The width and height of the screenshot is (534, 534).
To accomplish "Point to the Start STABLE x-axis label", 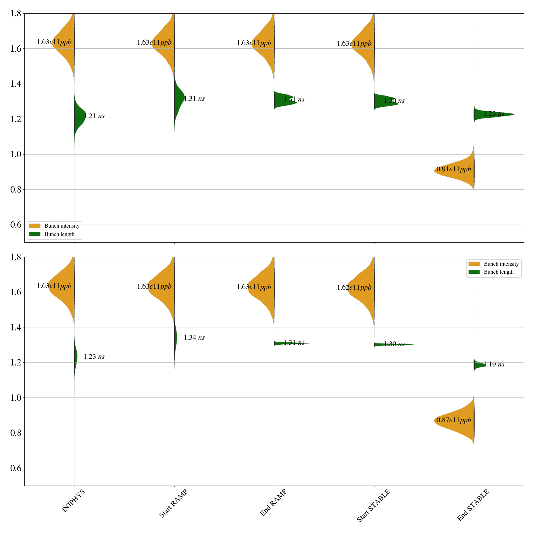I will coord(373,506).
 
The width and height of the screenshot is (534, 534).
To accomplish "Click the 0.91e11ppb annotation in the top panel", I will coord(454,169).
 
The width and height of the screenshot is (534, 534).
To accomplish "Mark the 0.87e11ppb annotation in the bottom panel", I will coord(454,420).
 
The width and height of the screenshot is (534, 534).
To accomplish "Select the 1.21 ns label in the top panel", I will coord(94,116).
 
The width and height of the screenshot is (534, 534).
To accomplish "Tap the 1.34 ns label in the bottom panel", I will coord(194,338).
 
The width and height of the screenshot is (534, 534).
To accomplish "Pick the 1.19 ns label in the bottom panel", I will coord(494,364).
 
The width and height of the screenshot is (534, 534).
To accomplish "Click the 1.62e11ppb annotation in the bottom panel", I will coord(354,288).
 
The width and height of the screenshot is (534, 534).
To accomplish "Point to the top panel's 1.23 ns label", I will coord(494,114).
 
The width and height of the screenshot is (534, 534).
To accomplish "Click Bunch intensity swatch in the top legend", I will coord(35,226).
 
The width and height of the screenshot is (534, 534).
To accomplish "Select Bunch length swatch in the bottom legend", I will coord(474,272).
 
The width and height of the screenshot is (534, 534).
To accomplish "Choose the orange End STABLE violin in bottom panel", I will coord(457,421).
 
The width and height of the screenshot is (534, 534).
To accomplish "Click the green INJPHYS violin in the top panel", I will coord(79,117).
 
